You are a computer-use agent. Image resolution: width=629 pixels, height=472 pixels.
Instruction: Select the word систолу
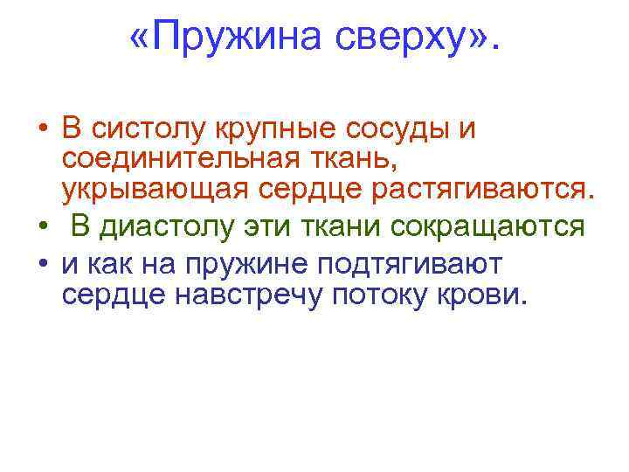(155, 130)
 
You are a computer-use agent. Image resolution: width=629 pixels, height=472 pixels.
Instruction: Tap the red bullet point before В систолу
(43, 131)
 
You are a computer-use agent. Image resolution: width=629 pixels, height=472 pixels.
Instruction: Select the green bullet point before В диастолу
(43, 227)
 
